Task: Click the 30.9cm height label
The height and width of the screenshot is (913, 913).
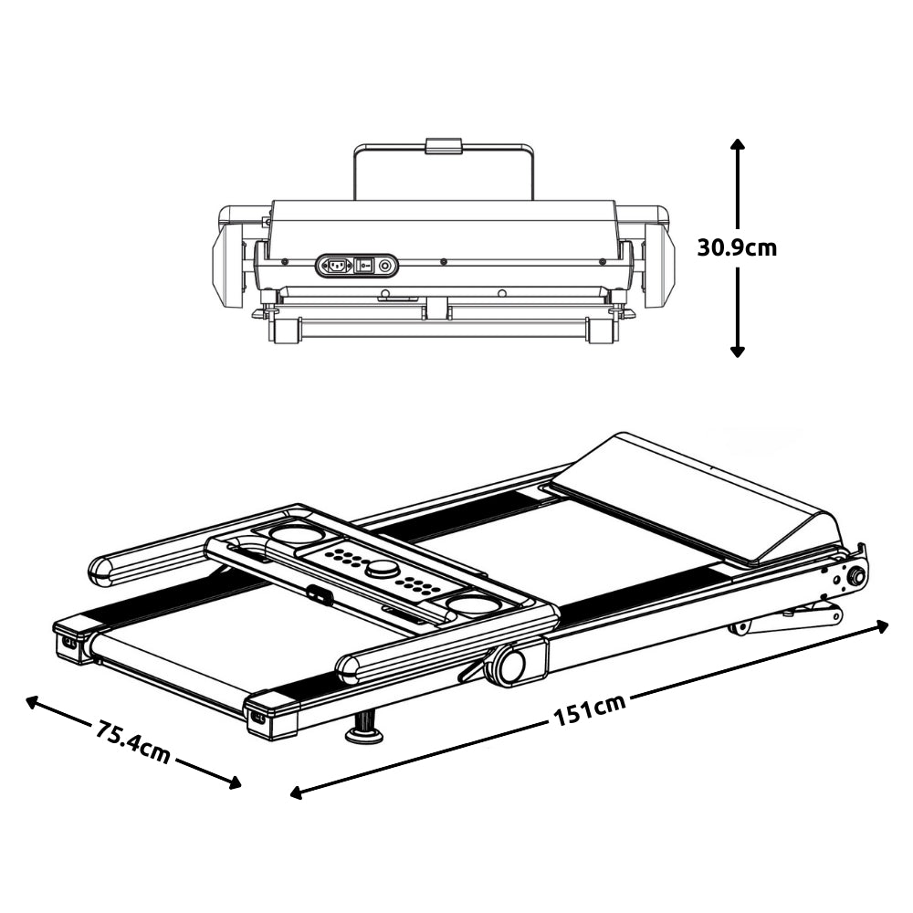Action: [737, 247]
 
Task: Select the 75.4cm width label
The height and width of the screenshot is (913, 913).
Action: [132, 741]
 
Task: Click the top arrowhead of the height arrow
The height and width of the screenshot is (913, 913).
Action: [738, 143]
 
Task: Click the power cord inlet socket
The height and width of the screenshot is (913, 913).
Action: [334, 266]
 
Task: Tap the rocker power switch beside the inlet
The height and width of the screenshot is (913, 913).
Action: [364, 266]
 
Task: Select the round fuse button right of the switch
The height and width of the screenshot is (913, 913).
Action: [385, 266]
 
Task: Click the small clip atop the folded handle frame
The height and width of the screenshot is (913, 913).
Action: [444, 146]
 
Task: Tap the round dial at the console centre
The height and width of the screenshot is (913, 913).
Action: [382, 569]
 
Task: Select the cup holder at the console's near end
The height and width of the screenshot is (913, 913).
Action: [471, 603]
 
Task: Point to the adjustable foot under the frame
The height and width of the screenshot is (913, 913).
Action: [364, 729]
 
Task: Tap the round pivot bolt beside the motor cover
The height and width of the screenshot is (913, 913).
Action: [855, 576]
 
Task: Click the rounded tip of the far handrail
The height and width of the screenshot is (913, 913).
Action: [100, 571]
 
